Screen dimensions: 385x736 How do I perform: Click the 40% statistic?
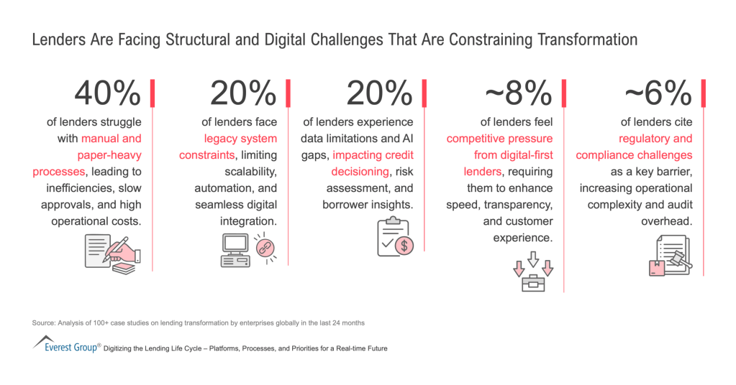click(x=108, y=93)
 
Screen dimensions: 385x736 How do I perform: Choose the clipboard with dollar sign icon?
click(x=394, y=238)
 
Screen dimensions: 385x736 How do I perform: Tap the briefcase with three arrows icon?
click(x=533, y=271)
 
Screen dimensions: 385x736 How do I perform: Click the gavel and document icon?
click(x=668, y=256)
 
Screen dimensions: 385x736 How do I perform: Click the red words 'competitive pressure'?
click(x=499, y=139)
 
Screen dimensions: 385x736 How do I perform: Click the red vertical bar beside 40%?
click(x=153, y=95)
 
